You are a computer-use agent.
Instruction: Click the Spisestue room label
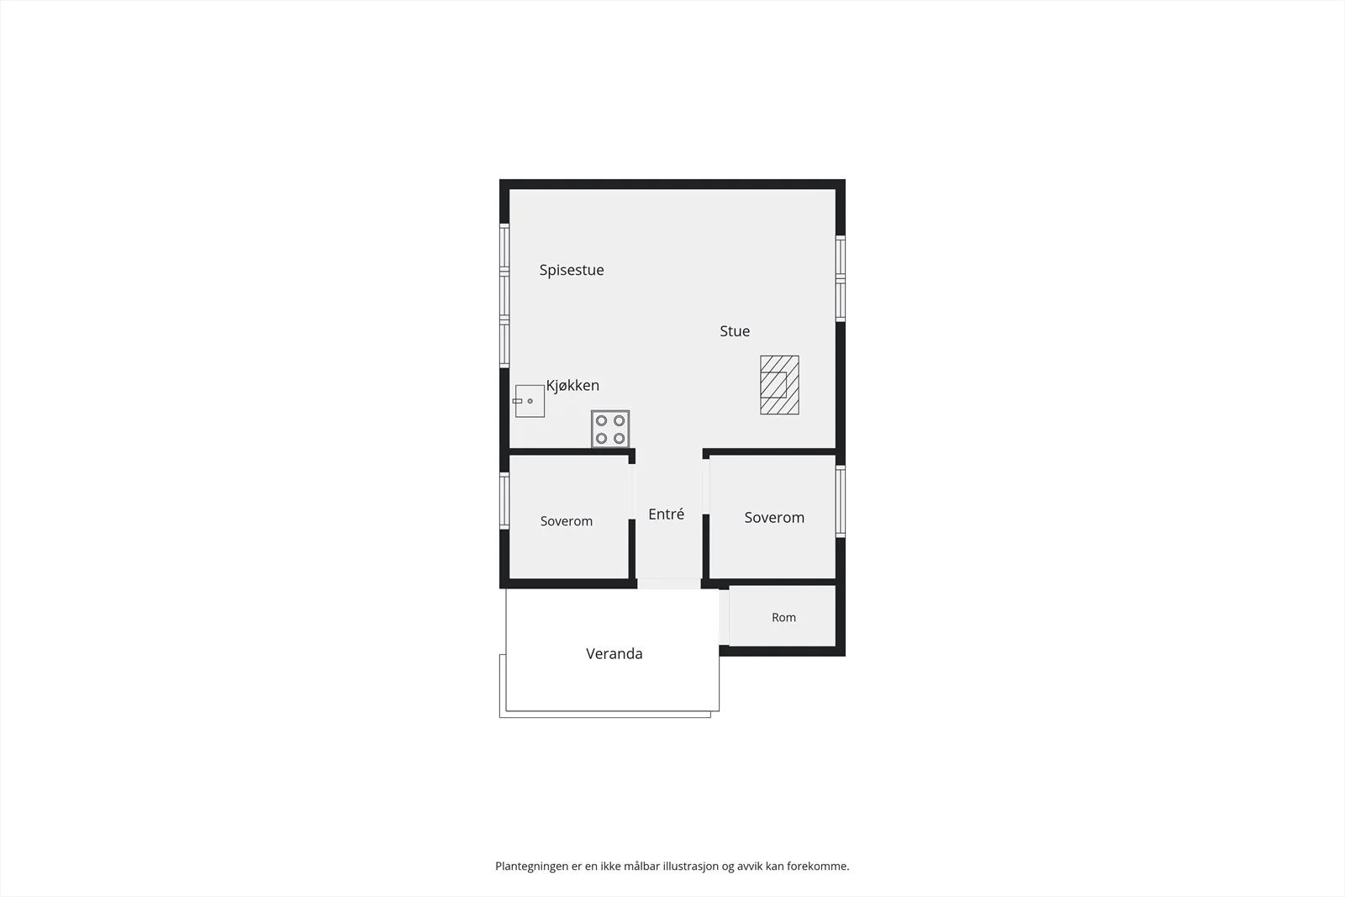click(x=571, y=270)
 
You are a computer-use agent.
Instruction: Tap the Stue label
click(x=735, y=331)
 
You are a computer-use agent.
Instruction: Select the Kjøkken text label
click(x=572, y=386)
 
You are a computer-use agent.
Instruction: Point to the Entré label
click(x=666, y=514)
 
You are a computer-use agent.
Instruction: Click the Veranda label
click(x=614, y=653)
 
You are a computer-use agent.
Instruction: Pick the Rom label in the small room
click(x=783, y=617)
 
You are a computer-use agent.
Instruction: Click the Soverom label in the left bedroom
click(x=567, y=521)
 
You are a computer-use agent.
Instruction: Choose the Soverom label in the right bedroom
click(x=774, y=518)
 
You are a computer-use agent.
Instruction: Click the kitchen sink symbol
click(x=529, y=401)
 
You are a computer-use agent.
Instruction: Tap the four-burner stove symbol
click(x=610, y=430)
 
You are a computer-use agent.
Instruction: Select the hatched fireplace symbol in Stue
click(x=779, y=385)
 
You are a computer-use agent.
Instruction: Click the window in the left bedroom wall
click(x=504, y=501)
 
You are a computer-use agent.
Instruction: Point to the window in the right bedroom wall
click(x=841, y=501)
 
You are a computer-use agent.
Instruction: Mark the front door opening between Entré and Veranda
click(x=669, y=583)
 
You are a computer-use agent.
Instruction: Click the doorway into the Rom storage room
click(x=724, y=617)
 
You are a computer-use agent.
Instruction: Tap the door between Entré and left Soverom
click(x=631, y=492)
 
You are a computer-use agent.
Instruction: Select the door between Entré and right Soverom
click(x=706, y=487)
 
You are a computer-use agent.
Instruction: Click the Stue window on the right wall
click(x=841, y=278)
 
